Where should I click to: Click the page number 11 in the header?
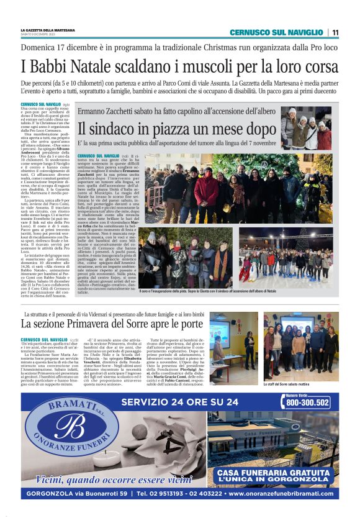point(335,32)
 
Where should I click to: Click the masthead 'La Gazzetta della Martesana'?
point(48,29)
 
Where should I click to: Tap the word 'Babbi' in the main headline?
point(53,65)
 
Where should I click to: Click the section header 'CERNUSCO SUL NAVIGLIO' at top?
point(276,32)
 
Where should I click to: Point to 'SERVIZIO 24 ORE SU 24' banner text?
point(180,402)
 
